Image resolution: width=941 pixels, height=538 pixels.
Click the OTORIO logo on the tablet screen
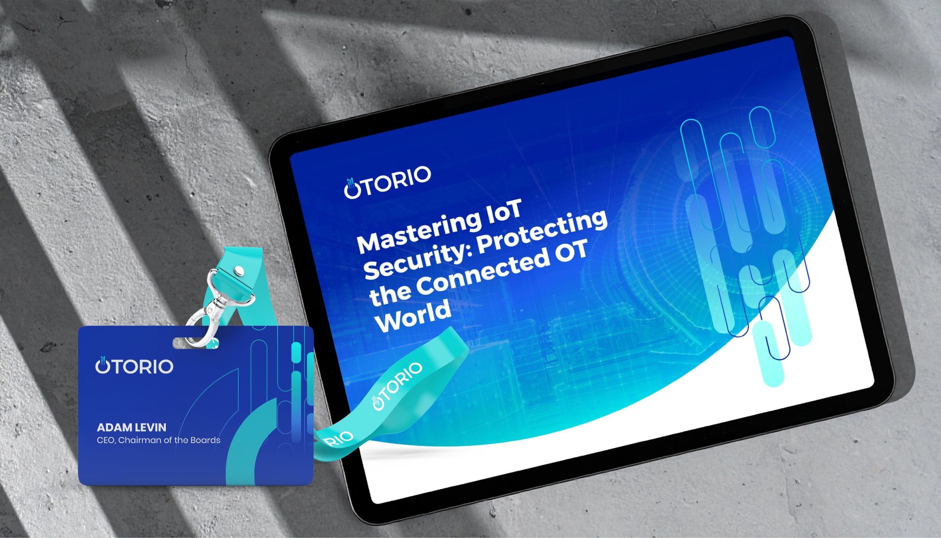pos(387,182)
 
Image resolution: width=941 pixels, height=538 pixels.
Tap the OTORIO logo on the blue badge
pos(134,365)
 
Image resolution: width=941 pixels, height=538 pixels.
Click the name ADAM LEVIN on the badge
pos(131,427)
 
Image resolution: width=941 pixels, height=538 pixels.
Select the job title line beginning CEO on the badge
pos(158,440)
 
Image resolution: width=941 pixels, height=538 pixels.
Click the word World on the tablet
pos(413,316)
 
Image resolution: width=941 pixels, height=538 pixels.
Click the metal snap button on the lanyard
pos(238,270)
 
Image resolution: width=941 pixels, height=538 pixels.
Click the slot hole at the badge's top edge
pos(196,343)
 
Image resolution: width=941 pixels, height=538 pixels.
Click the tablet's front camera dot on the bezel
pos(543,84)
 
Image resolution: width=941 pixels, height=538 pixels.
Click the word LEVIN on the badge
pos(151,427)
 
